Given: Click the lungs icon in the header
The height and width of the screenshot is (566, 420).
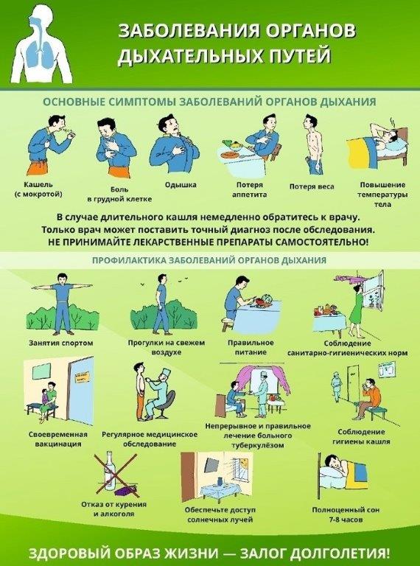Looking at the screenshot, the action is coord(41,50).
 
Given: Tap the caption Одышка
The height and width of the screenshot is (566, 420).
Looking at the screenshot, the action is coord(181,185).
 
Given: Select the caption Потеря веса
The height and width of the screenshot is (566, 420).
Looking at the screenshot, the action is coord(312,186).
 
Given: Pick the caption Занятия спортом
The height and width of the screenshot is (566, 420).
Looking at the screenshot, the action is coord(61,343).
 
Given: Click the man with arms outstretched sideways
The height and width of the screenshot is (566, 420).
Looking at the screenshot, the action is coord(62,303).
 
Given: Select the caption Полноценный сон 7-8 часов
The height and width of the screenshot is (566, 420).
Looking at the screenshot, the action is coord(346,514).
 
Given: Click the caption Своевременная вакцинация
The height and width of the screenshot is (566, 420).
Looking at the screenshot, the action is coord(58,439).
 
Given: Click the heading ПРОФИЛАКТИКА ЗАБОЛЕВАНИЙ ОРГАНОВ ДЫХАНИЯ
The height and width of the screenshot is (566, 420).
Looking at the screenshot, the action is coord(209,260).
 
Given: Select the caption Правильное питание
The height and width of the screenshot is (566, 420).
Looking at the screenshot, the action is coord(251,347).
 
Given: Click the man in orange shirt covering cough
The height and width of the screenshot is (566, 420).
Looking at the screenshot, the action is coord(369,398).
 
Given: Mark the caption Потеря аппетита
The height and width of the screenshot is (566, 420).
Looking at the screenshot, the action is coord(250,189).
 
